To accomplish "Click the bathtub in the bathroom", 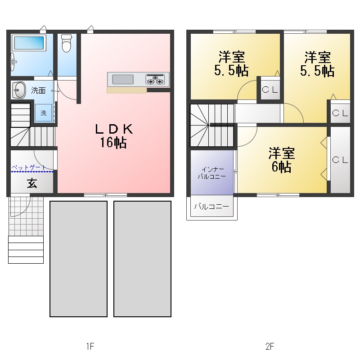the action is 29,43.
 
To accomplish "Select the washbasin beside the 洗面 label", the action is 18,90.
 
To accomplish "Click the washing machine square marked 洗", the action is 43,113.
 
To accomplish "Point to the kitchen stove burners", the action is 155,79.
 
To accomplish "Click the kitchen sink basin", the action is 123,80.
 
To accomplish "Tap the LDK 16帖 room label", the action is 114,136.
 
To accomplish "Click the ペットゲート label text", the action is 29,167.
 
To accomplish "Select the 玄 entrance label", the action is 32,183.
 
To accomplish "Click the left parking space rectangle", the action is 78,259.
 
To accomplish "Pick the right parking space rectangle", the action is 142,259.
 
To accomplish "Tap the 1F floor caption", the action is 90,346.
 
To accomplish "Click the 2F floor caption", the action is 270,346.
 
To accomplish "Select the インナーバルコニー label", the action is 211,173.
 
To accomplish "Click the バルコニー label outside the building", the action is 211,207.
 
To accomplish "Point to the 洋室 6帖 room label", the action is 282,160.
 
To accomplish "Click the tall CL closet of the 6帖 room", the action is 340,160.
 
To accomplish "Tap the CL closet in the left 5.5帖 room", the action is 270,90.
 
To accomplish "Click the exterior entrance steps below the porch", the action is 26,250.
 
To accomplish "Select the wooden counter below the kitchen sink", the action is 127,90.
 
